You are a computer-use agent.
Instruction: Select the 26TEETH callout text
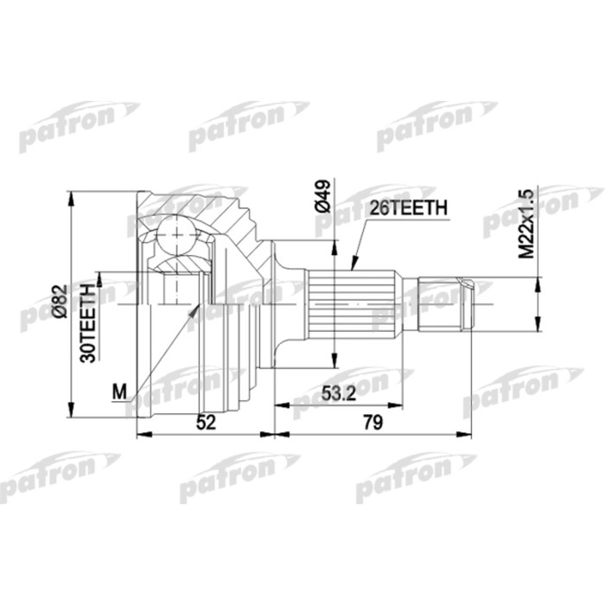(x=408, y=208)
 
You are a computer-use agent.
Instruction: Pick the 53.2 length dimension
(x=338, y=393)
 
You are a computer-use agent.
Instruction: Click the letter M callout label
(x=119, y=392)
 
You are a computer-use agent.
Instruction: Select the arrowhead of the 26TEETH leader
(x=353, y=257)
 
